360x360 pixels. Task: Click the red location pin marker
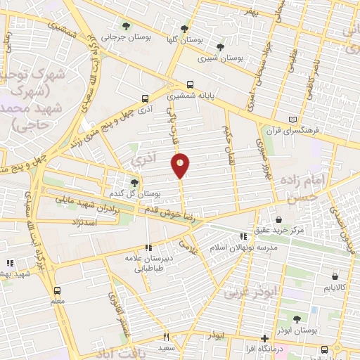click(181, 165)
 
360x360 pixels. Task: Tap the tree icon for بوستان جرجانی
click(127, 26)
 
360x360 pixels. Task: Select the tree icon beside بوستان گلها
click(184, 30)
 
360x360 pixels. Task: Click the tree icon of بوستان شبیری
click(221, 48)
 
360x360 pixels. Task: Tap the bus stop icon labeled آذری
click(145, 99)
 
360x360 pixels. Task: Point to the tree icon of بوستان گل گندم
click(134, 183)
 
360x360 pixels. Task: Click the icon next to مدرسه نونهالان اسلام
click(243, 237)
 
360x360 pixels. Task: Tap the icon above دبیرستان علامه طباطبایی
click(148, 247)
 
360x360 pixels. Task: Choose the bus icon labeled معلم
click(58, 290)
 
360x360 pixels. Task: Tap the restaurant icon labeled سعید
click(166, 337)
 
